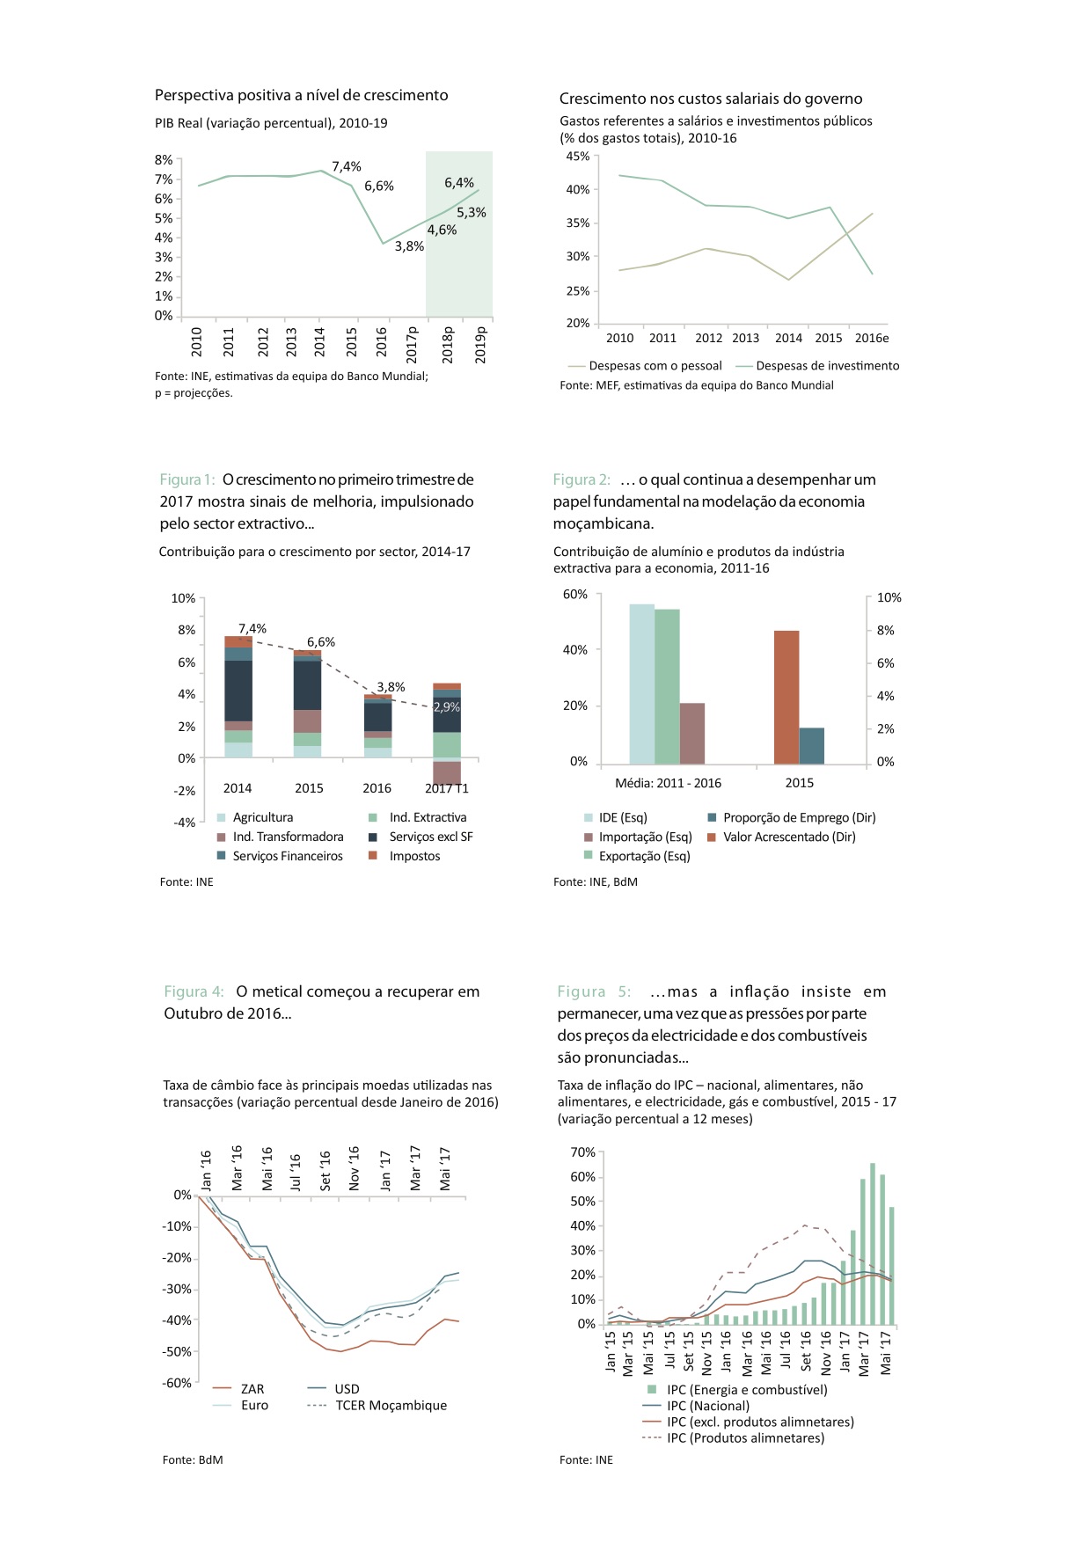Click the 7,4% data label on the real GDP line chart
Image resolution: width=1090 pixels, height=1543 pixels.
tap(347, 166)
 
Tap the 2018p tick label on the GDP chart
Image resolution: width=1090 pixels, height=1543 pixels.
tap(448, 345)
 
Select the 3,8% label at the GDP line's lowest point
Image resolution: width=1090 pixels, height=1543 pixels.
tap(409, 246)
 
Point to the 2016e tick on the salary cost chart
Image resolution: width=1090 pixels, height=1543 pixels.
tap(872, 338)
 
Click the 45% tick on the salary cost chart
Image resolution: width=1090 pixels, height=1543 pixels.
tap(578, 157)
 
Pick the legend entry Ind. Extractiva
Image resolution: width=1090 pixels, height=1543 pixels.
tap(428, 817)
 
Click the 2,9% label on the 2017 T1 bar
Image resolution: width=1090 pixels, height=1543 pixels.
tap(447, 706)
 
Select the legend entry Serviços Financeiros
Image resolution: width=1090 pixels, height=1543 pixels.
tap(288, 856)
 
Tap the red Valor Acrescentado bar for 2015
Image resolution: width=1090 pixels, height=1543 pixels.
tap(786, 697)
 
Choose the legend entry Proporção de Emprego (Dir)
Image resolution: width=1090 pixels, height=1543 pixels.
tap(799, 817)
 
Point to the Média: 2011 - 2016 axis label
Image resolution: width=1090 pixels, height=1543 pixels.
tap(668, 783)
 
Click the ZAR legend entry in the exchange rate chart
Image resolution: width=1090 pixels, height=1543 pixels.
tap(252, 1389)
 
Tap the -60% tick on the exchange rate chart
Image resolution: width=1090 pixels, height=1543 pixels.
tap(177, 1383)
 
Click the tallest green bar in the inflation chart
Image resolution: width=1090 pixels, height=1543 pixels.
tap(873, 1243)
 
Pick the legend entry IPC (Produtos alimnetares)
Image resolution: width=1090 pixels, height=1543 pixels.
tap(745, 1437)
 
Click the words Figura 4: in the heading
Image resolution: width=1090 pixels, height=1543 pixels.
tap(194, 991)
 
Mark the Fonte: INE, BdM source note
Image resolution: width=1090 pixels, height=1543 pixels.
tap(596, 881)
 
